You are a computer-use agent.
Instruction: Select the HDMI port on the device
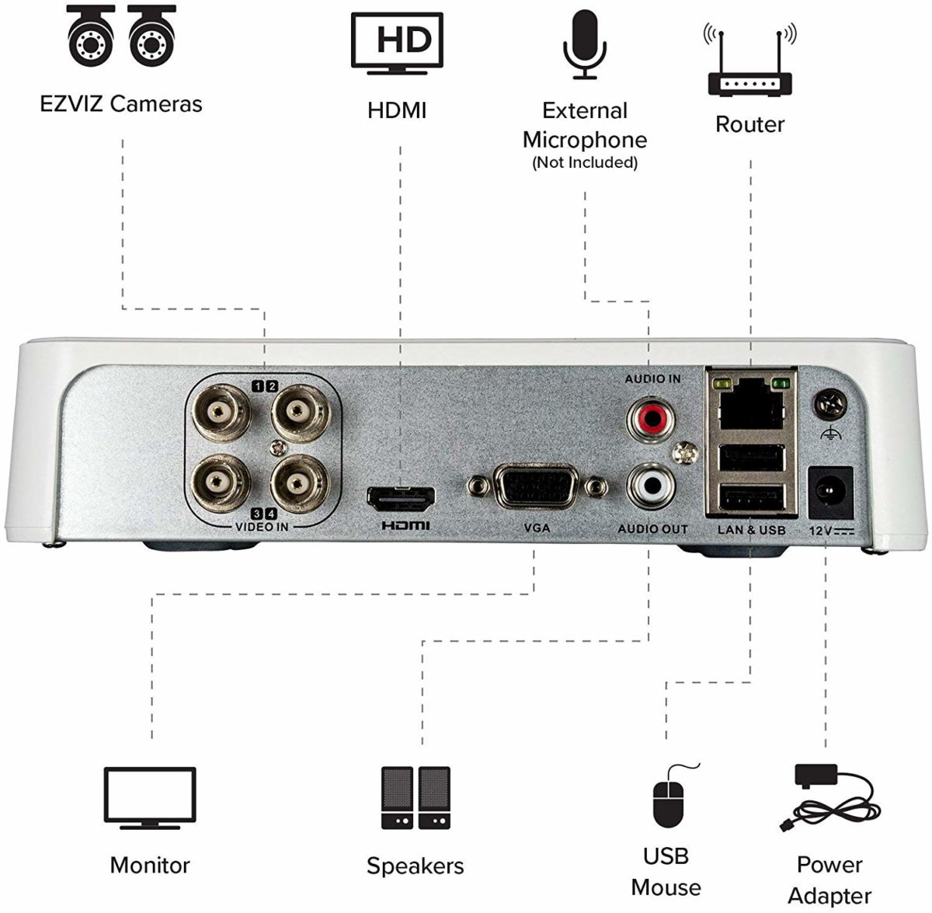pos(401,497)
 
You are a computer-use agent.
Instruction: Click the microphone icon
pos(584,44)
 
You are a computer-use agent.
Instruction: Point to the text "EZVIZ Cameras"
pos(121,103)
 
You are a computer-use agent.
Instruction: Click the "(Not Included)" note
pos(584,162)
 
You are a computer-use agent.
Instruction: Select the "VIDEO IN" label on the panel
pos(262,527)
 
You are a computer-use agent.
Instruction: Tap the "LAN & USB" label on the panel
pos(751,530)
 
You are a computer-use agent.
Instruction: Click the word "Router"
pos(749,124)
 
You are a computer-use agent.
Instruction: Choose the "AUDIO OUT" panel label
pos(652,528)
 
